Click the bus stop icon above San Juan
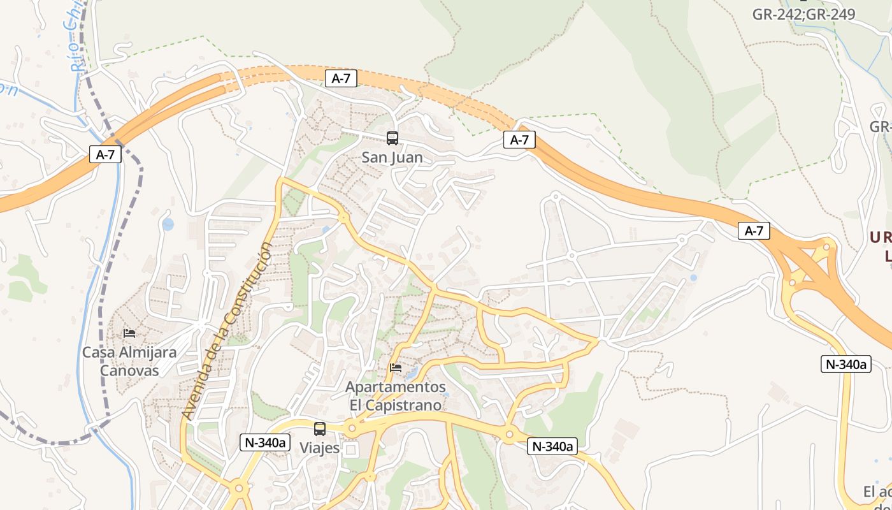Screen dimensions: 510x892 pos(392,138)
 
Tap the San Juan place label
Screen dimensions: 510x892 pos(392,157)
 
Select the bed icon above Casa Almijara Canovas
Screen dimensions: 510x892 pos(129,333)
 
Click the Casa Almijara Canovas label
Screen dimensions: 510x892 pos(129,361)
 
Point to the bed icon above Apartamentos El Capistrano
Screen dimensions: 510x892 pos(396,368)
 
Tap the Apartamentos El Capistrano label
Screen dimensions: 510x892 pos(395,396)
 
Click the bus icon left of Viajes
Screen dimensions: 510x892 pos(320,429)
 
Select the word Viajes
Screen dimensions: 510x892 pos(320,448)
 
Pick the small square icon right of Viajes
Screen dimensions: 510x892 pos(350,449)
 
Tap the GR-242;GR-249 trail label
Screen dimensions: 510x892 pos(803,14)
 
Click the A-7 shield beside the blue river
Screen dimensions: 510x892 pos(105,154)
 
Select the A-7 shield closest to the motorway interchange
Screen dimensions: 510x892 pos(754,231)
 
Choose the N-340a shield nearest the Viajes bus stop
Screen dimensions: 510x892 pos(265,442)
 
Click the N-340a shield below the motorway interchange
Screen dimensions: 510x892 pos(845,364)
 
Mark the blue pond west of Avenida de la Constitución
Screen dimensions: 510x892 pos(168,224)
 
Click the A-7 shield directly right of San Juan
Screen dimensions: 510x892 pos(519,140)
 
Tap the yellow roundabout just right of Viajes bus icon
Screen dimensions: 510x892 pos(352,428)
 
